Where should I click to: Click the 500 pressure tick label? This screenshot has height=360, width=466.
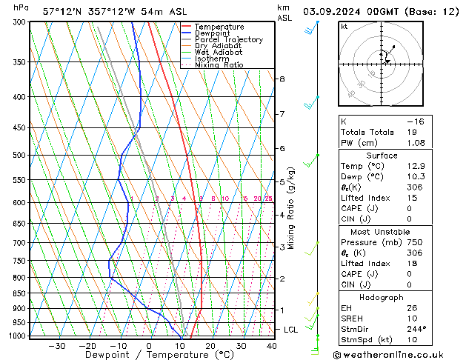tap(19, 156)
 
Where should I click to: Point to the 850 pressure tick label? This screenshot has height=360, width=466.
tap(19, 293)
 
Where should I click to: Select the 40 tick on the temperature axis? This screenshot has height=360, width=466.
tap(271, 346)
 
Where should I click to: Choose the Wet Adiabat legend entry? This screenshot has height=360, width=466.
tap(219, 52)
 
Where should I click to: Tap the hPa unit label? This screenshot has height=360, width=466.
tap(21, 8)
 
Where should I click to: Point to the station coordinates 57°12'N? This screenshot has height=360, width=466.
tap(63, 12)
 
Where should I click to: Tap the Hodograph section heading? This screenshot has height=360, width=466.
tap(381, 297)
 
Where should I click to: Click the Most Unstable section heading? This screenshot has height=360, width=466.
tap(381, 231)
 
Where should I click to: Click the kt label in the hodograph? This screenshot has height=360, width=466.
tap(344, 26)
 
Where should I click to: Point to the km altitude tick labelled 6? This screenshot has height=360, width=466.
tap(282, 148)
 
